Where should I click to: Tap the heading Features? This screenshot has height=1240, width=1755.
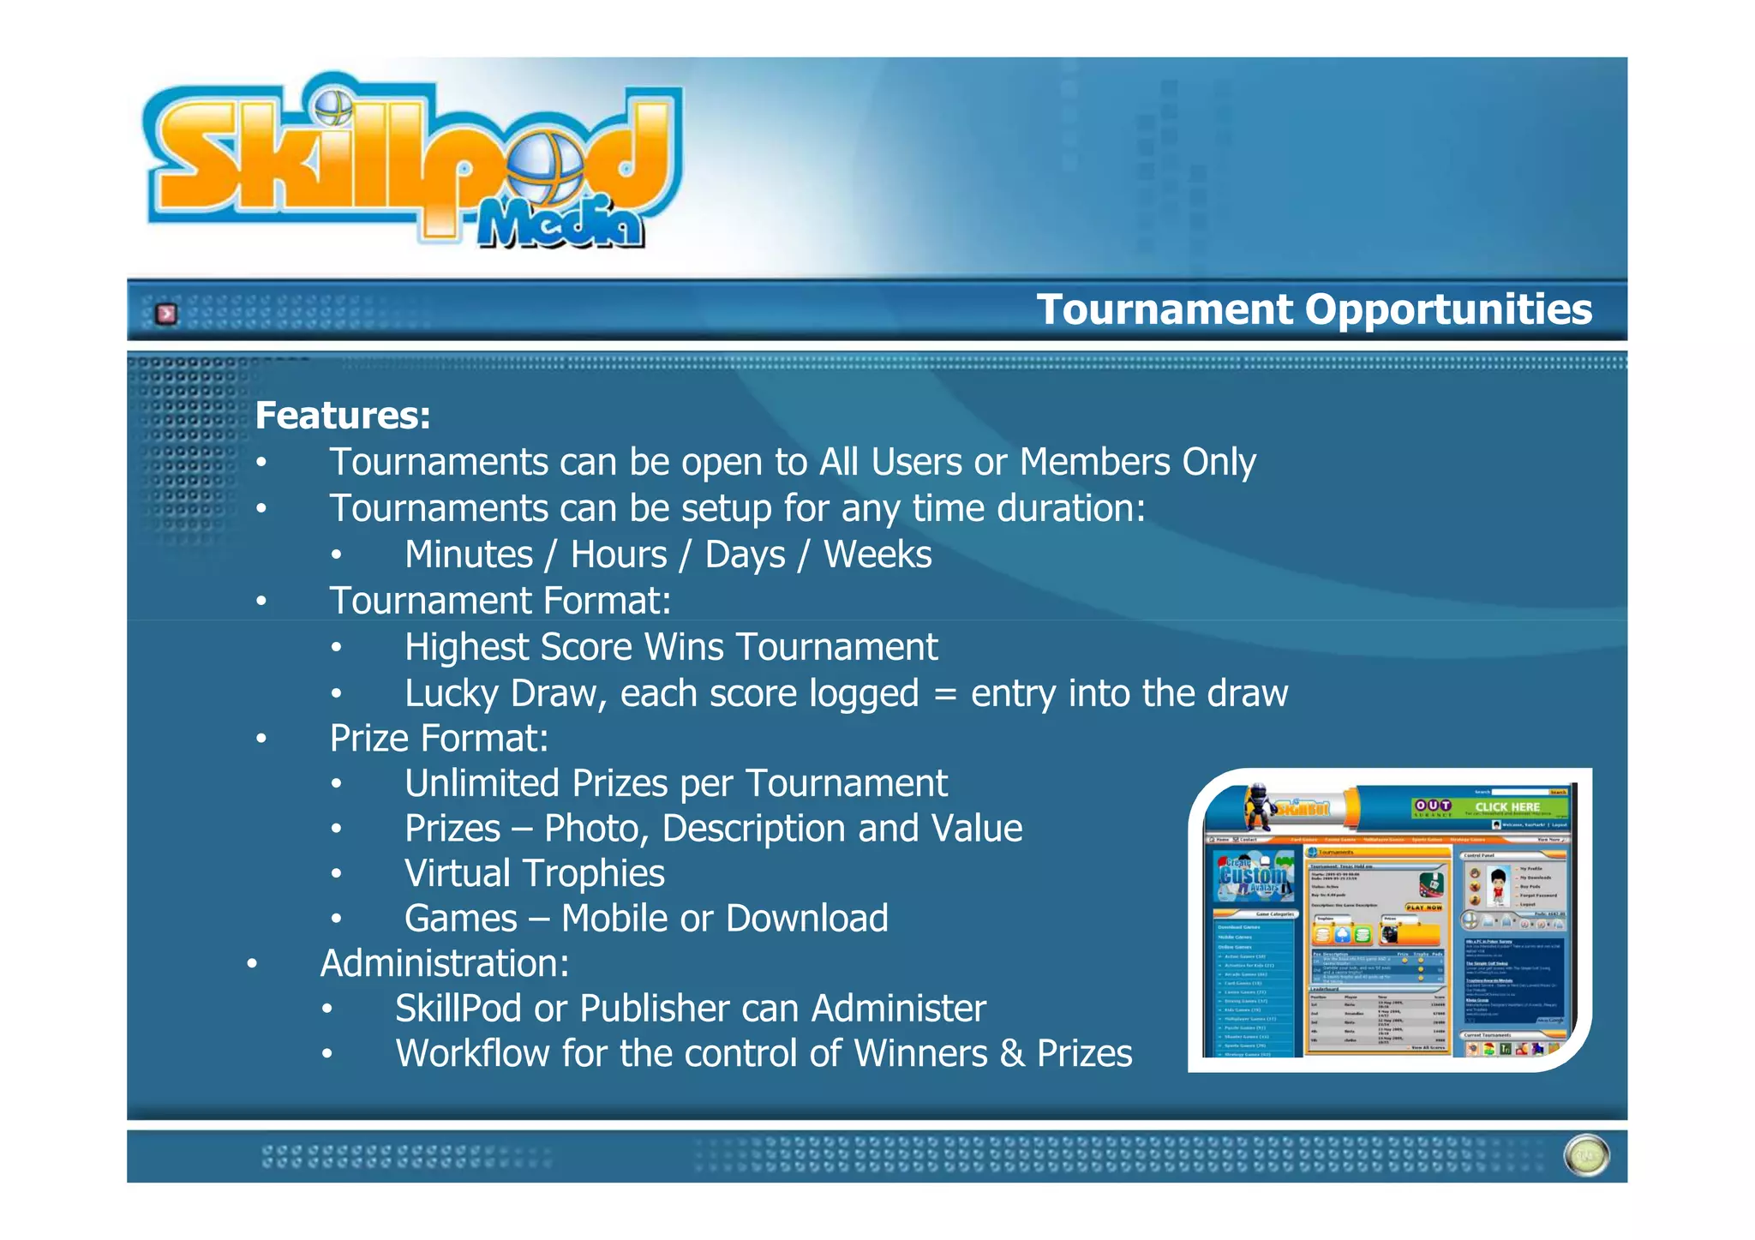point(343,416)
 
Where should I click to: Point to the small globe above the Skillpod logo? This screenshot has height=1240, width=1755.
point(332,107)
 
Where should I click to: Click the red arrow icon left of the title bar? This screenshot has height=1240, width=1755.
point(166,314)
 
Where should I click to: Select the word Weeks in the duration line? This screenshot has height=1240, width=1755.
point(877,554)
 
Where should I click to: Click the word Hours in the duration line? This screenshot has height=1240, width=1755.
point(619,554)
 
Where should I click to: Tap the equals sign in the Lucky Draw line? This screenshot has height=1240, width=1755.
point(944,694)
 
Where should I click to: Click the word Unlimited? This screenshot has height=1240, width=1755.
point(481,783)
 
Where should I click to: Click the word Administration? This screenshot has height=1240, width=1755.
point(445,963)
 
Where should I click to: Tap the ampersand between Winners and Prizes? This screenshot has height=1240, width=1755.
point(1012,1054)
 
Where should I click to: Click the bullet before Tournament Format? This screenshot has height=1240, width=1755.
point(261,601)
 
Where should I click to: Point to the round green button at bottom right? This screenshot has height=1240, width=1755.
point(1586,1156)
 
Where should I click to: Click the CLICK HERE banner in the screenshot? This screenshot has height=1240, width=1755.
point(1507,807)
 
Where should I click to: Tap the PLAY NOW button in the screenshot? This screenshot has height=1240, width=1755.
point(1423,907)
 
